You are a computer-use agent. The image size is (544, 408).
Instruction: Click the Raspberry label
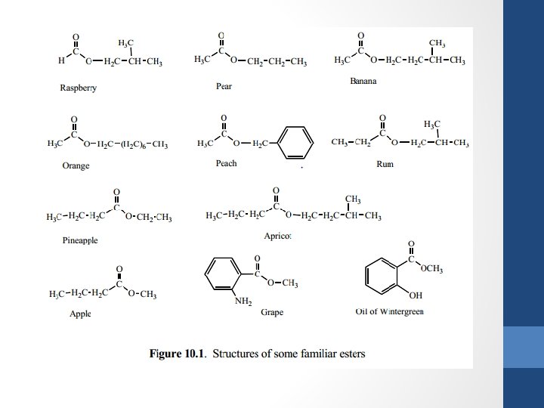(78, 88)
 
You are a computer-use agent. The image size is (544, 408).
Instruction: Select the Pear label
(224, 87)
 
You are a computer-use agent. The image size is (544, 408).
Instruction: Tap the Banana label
(363, 82)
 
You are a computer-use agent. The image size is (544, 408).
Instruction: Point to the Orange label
(76, 166)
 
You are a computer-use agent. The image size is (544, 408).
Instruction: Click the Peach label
(227, 164)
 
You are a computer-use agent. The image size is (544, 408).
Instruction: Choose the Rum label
(385, 164)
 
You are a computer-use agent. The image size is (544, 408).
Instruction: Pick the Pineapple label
(80, 241)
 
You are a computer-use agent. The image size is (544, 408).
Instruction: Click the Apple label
(80, 314)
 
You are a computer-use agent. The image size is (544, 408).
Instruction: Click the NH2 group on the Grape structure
(244, 302)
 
